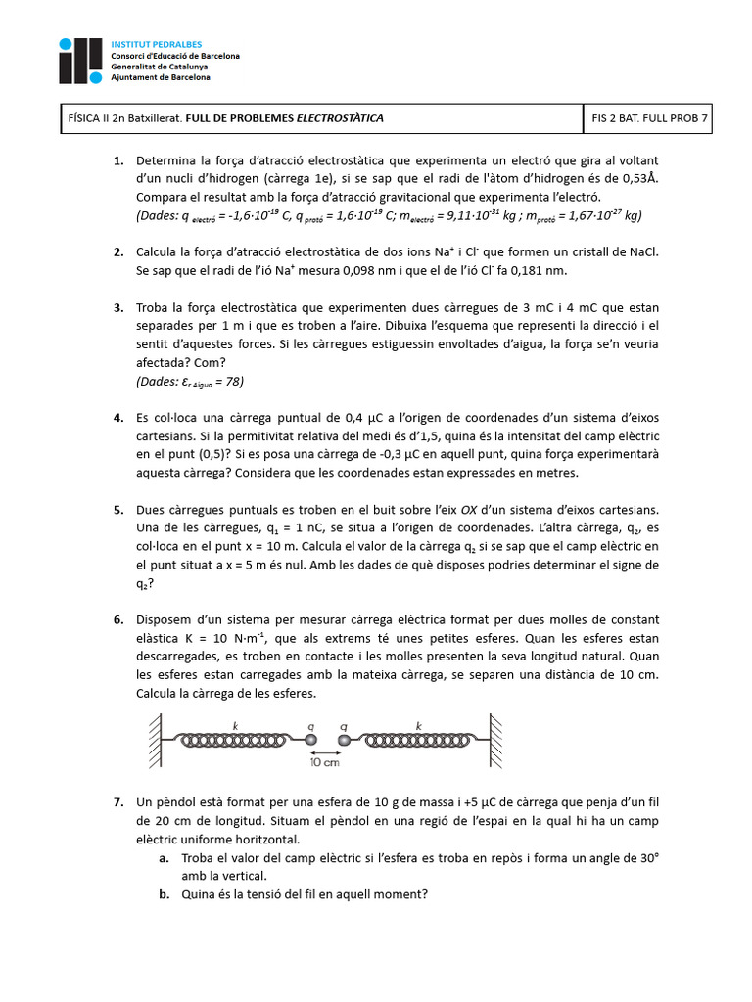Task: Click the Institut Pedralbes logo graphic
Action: pyautogui.click(x=80, y=61)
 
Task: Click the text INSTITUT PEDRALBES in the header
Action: pyautogui.click(x=155, y=46)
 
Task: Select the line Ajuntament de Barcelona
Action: pyautogui.click(x=160, y=76)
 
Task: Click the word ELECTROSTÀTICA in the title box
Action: pyautogui.click(x=340, y=117)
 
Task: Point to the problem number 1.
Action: pyautogui.click(x=118, y=160)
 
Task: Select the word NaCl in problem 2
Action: pyautogui.click(x=642, y=252)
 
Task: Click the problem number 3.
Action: pyautogui.click(x=118, y=307)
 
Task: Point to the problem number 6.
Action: pyautogui.click(x=118, y=620)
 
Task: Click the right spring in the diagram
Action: pyautogui.click(x=420, y=738)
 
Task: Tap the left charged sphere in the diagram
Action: pyautogui.click(x=310, y=738)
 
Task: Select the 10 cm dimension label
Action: pyautogui.click(x=326, y=761)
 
